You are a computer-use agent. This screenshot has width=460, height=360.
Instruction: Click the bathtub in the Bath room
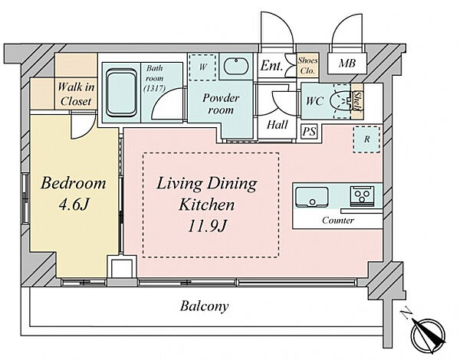(x=121, y=93)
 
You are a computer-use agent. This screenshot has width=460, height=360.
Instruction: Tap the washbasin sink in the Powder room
(x=236, y=66)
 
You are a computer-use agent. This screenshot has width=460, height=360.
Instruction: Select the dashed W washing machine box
(x=202, y=67)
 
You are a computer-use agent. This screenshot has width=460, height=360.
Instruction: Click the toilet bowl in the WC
(x=340, y=101)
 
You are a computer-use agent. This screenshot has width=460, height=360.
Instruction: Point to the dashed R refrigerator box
(x=366, y=139)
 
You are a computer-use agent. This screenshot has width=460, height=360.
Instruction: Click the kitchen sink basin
(x=311, y=197)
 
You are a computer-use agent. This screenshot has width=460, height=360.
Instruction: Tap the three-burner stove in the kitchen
(x=362, y=195)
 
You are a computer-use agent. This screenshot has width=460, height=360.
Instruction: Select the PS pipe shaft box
(x=309, y=131)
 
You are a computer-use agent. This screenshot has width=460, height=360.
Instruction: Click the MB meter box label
(x=347, y=64)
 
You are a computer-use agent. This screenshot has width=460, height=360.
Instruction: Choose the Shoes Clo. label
(x=307, y=65)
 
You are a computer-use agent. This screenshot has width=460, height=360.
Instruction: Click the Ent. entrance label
(x=271, y=66)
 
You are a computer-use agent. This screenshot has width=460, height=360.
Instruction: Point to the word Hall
(x=278, y=125)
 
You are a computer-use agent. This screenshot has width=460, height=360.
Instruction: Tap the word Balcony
(x=204, y=306)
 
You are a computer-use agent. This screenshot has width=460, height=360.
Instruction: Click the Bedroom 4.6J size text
(x=74, y=205)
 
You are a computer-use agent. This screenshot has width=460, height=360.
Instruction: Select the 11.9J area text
(x=207, y=226)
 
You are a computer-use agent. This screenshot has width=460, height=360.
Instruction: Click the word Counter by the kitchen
(x=338, y=220)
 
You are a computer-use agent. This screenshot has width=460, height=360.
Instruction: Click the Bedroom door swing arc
(x=87, y=132)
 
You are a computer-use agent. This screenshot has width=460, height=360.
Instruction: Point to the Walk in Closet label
(x=76, y=94)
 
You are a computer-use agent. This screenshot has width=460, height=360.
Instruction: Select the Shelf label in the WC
(x=357, y=101)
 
